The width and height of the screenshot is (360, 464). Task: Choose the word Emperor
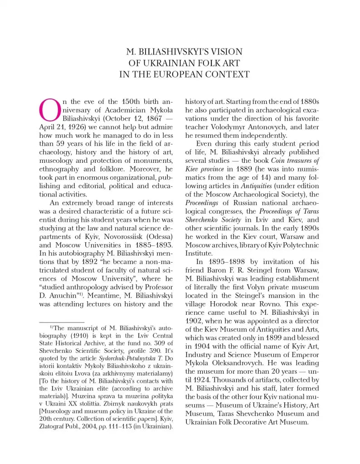tap(305, 354)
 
